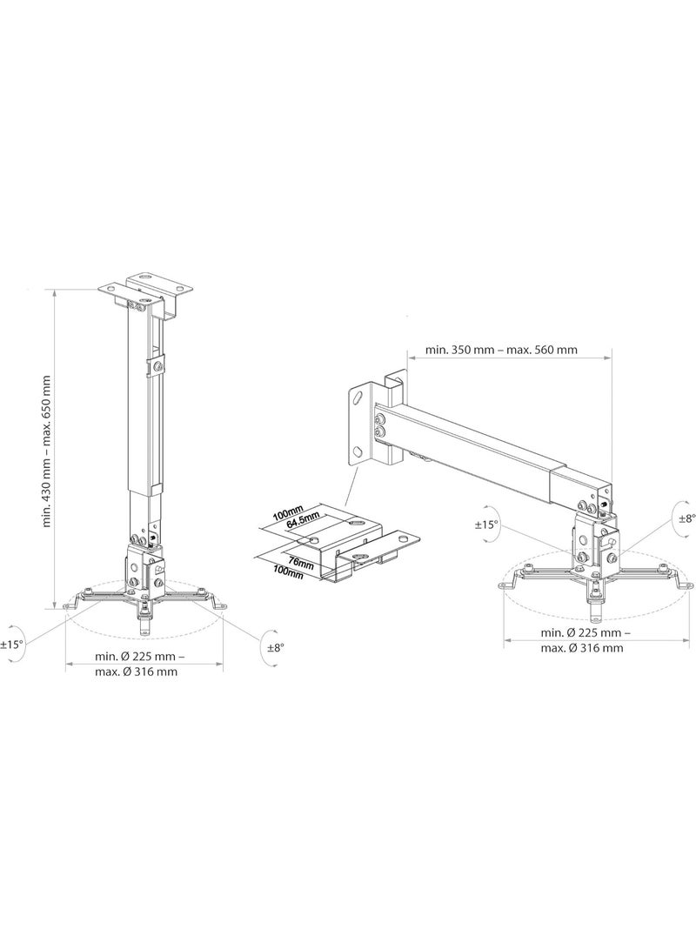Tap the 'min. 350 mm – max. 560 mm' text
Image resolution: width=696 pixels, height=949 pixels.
click(x=500, y=350)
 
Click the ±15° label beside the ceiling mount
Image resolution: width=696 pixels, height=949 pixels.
click(x=12, y=645)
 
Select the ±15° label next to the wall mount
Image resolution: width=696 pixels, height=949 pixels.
click(x=485, y=525)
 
